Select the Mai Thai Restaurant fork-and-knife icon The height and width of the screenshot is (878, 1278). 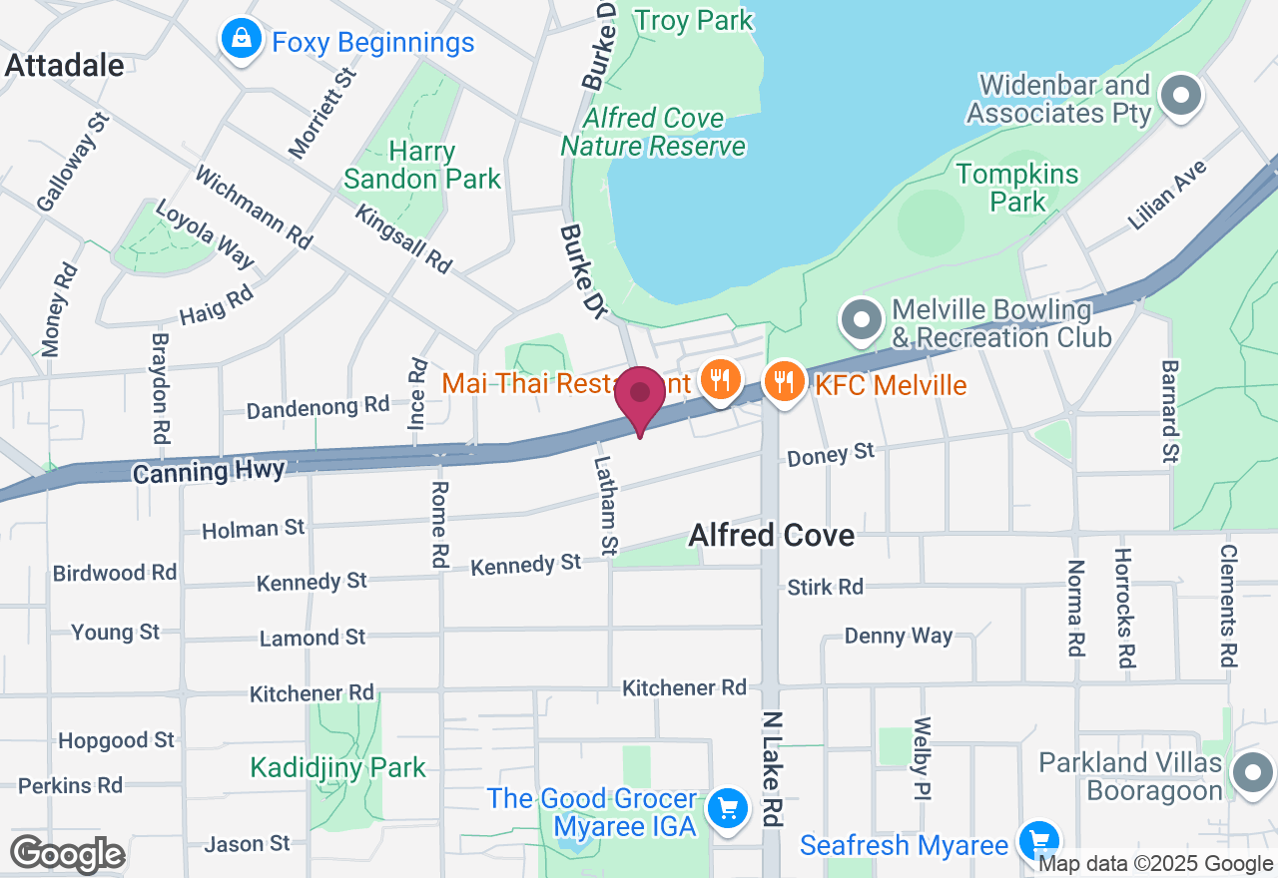tap(718, 380)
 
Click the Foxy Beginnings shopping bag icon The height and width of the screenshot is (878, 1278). tap(241, 41)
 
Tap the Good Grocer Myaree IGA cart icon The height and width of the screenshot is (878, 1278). tap(727, 807)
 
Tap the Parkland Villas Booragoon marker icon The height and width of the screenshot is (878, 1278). tap(1252, 772)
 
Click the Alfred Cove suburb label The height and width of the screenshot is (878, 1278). tap(772, 536)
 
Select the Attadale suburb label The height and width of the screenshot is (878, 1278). tap(65, 66)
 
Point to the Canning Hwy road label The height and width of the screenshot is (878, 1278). tap(209, 470)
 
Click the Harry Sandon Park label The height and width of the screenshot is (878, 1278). tap(422, 166)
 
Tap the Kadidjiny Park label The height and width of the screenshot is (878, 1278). tap(337, 767)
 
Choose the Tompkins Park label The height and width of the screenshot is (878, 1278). tap(1017, 188)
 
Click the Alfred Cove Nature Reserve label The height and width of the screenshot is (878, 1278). tap(653, 132)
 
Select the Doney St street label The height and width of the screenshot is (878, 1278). tap(831, 456)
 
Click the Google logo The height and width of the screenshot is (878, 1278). tap(67, 853)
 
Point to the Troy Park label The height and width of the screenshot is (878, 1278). tap(694, 19)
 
